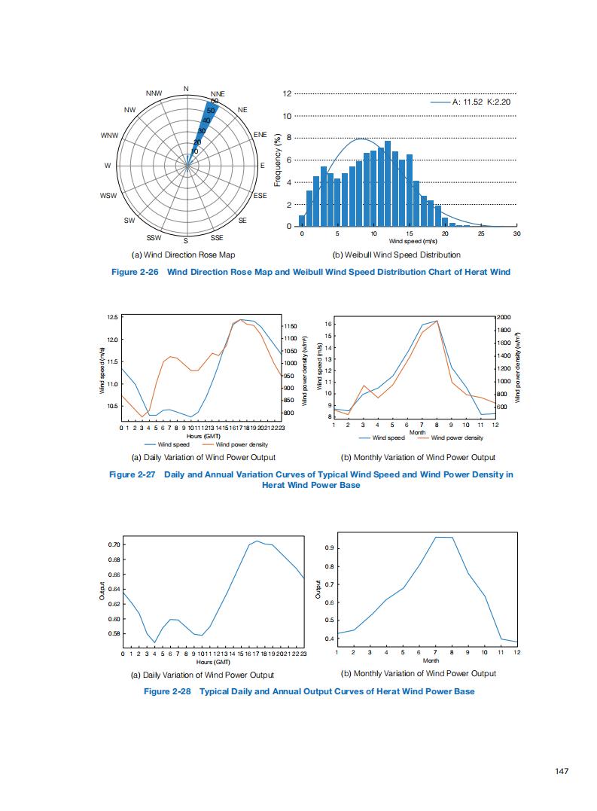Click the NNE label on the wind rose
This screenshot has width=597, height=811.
[218, 93]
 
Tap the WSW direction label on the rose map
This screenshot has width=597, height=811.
[108, 196]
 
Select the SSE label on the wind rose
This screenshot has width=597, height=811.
[217, 237]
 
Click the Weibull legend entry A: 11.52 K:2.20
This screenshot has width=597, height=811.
[482, 102]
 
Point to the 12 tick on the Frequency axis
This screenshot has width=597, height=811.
[287, 94]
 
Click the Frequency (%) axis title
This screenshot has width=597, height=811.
[277, 160]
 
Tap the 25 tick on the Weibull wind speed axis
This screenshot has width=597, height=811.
[480, 234]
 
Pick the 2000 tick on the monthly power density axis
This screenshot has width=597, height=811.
[504, 318]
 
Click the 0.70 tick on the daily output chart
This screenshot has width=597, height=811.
[113, 544]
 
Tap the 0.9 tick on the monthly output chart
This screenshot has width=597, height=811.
[330, 548]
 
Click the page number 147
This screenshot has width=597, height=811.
[559, 770]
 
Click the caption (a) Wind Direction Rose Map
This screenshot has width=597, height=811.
[183, 255]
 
